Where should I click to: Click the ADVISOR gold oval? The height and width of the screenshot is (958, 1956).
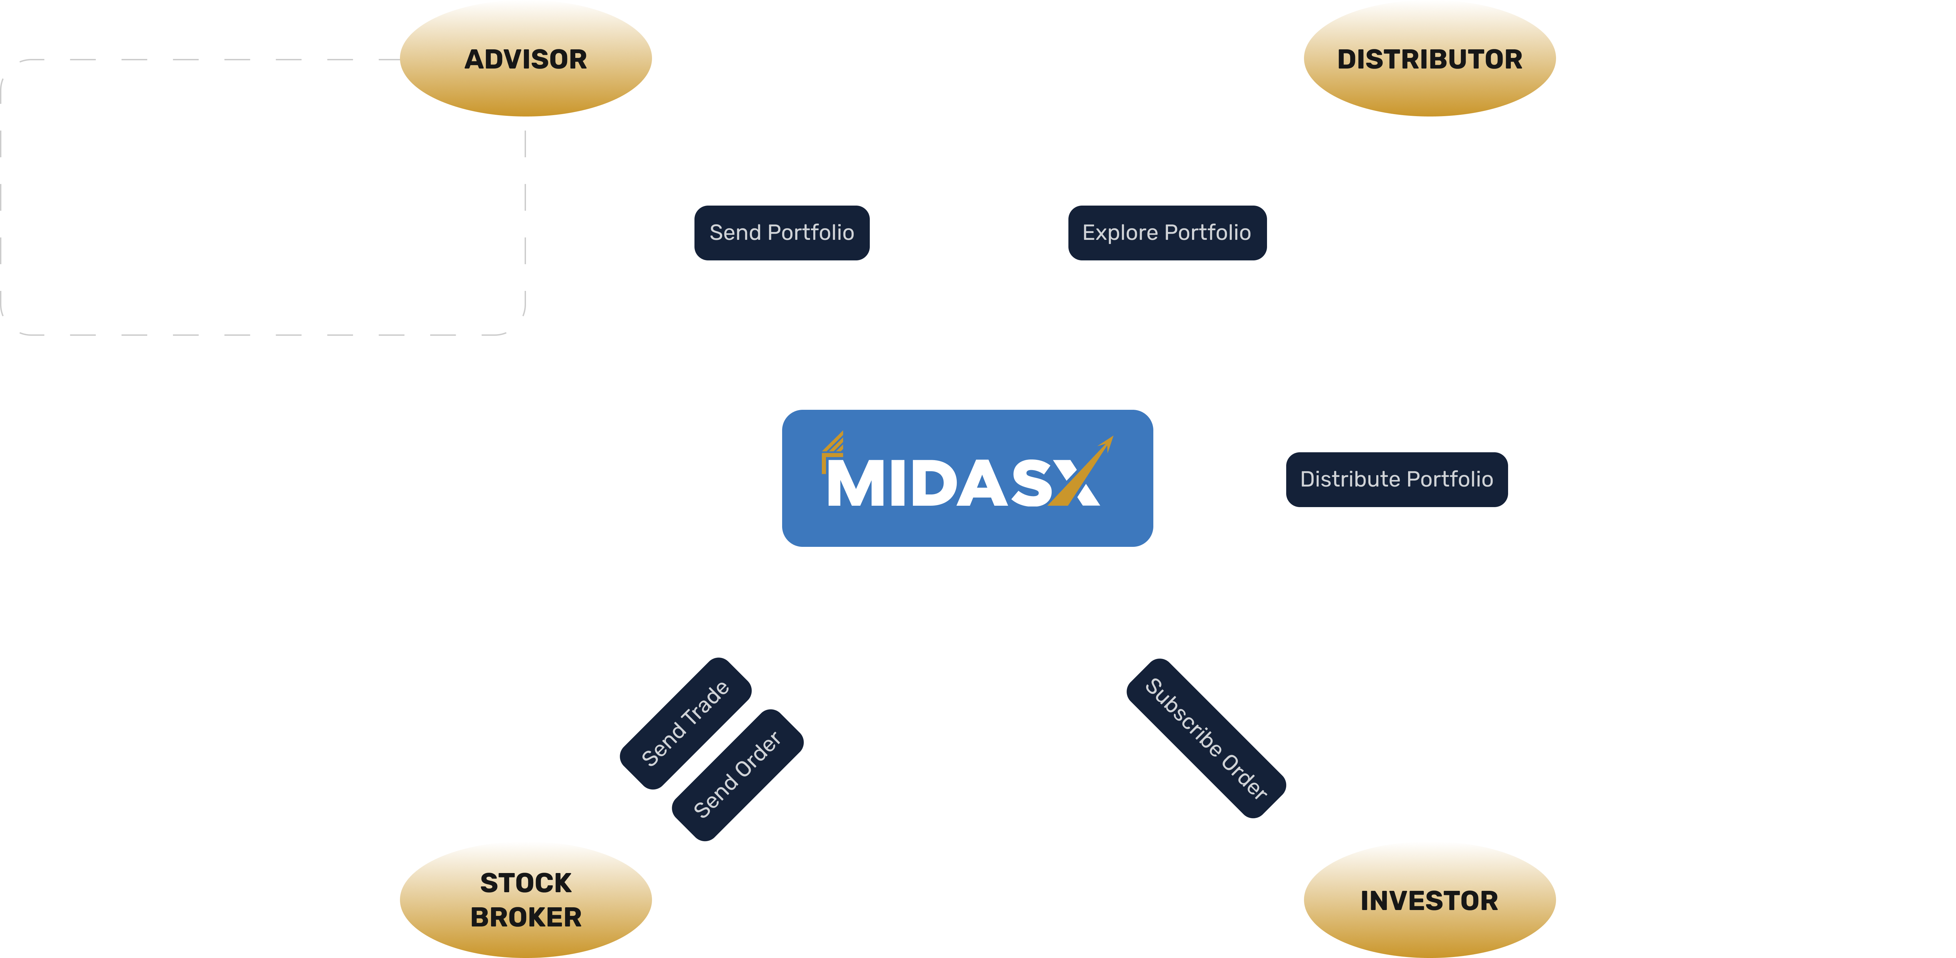click(525, 59)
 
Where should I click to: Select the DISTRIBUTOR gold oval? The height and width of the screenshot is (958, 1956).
click(1429, 59)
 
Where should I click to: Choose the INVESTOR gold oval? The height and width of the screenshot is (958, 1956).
click(1429, 900)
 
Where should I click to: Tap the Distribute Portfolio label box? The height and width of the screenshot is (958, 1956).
click(1396, 479)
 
